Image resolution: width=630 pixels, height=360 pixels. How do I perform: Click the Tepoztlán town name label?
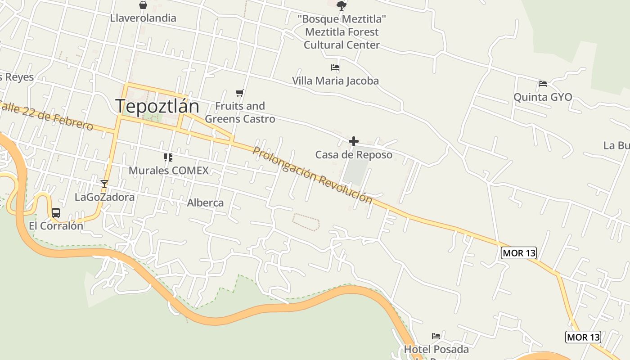157,106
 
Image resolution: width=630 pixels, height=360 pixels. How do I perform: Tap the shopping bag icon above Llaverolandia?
143,5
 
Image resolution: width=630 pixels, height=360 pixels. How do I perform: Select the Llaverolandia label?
143,18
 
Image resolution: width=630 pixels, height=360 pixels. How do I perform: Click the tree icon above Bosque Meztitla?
342,5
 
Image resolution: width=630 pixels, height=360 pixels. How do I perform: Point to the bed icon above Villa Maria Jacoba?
335,68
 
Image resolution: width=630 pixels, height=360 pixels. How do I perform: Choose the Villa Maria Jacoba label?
335,81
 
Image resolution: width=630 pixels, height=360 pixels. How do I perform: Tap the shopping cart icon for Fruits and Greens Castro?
240,93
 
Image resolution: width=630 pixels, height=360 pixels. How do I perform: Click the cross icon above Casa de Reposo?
354,141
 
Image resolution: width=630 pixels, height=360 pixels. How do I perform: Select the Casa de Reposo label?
354,155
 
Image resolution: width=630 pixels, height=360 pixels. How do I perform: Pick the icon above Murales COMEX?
168,157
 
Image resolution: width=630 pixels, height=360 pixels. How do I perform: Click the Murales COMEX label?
169,171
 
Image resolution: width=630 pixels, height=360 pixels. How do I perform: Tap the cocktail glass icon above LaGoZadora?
104,184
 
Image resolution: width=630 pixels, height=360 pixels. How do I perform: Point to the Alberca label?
205,202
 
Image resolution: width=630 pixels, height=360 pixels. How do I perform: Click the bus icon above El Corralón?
56,213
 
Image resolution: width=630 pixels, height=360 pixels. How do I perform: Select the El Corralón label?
56,226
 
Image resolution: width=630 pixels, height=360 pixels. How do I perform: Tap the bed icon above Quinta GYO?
543,84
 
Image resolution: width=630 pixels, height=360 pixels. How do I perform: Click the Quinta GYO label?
543,97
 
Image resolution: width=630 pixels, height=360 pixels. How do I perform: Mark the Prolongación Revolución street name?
312,175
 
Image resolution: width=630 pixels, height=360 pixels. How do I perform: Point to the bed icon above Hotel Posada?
436,336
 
